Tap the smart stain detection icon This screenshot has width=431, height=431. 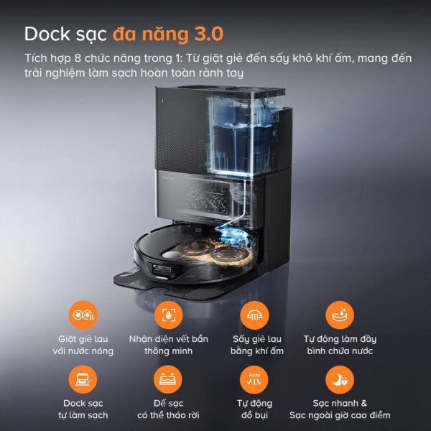[168, 315]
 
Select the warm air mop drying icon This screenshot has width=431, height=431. [254, 315]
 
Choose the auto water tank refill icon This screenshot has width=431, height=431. [340, 315]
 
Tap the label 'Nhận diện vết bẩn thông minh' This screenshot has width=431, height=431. [168, 345]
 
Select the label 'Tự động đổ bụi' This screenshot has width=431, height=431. [254, 409]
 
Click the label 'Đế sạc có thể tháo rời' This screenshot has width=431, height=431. [168, 409]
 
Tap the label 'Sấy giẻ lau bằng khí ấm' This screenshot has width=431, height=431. [254, 345]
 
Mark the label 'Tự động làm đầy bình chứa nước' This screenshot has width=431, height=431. [340, 345]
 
